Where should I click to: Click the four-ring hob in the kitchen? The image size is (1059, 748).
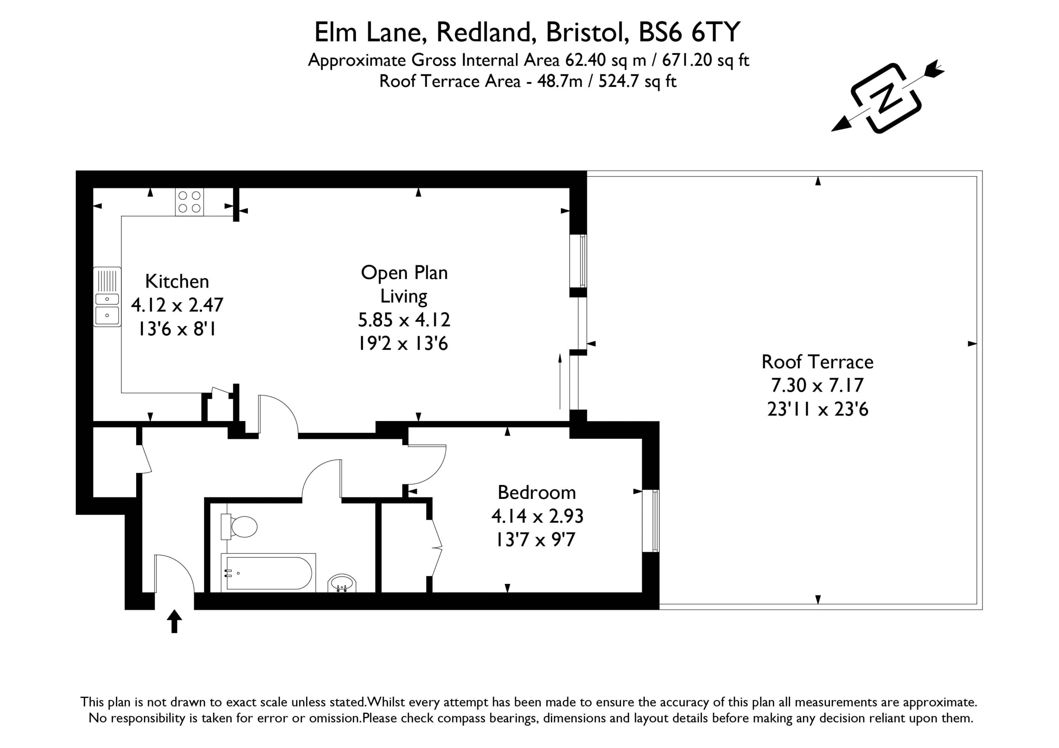(189, 202)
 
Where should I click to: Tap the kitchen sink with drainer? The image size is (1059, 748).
(107, 297)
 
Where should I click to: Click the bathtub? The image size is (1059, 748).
(268, 573)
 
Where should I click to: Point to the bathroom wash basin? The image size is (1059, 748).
(342, 584)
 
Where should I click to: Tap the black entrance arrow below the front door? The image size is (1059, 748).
(174, 621)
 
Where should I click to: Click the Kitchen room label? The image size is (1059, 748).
(177, 281)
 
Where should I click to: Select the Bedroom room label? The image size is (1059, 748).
(537, 493)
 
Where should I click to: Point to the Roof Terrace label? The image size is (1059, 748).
(817, 362)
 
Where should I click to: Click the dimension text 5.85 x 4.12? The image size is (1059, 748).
(404, 320)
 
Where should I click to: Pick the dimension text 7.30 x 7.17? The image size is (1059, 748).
(817, 385)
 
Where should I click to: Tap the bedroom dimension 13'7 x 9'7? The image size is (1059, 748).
(535, 540)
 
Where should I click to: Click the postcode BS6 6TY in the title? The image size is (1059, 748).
(689, 32)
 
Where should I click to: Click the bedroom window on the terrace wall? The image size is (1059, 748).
(651, 520)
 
